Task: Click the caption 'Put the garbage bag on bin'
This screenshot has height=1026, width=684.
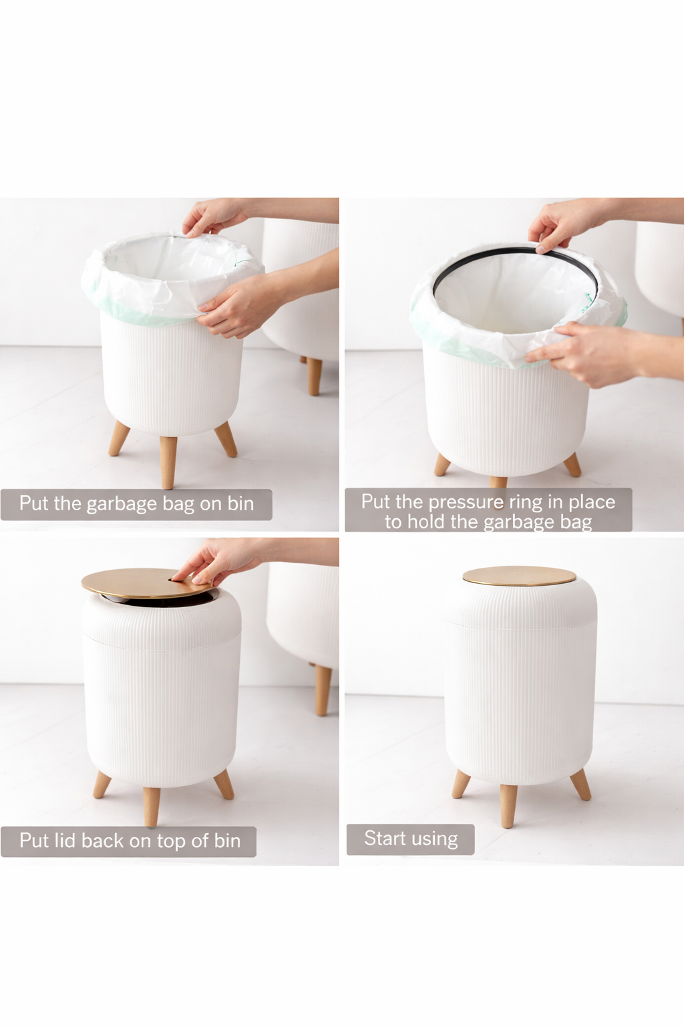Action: [136, 504]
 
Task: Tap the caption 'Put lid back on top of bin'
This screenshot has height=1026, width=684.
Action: [129, 841]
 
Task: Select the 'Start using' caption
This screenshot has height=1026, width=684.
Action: [410, 839]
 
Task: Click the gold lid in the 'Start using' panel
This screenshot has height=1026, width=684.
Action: [519, 576]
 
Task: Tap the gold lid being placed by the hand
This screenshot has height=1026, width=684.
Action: [134, 583]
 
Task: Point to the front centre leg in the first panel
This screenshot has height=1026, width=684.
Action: [168, 461]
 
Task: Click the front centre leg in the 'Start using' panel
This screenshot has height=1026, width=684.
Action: [509, 805]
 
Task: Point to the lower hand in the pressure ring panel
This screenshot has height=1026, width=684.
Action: [588, 354]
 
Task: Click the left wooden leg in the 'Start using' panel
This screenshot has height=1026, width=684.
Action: [461, 783]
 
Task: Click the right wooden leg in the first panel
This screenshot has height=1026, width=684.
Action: [226, 439]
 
